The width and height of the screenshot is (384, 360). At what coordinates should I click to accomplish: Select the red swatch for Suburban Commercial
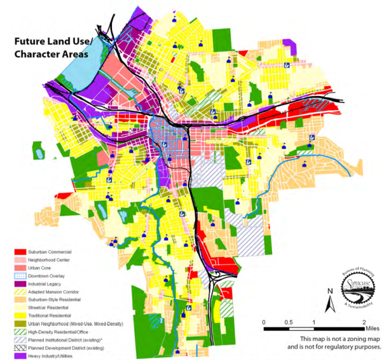tap(20, 253)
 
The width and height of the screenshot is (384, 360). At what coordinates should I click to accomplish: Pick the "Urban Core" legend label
tap(39, 268)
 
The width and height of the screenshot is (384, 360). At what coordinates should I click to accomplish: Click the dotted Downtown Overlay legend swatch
tap(20, 277)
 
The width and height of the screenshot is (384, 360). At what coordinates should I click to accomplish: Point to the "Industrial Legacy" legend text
tap(45, 284)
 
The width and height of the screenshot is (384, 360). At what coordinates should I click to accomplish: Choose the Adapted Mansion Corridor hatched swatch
tap(20, 292)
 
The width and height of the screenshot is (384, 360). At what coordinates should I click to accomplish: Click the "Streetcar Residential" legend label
tap(48, 308)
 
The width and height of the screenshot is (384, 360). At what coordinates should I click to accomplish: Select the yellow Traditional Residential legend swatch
tap(20, 316)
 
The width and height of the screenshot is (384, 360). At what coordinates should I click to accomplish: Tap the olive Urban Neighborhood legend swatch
tap(20, 324)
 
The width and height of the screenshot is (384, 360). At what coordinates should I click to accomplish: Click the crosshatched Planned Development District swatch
tap(20, 348)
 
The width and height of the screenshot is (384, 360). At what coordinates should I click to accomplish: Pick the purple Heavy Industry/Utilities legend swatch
tap(20, 356)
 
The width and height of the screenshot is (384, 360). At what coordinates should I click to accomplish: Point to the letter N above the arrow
tap(329, 291)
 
